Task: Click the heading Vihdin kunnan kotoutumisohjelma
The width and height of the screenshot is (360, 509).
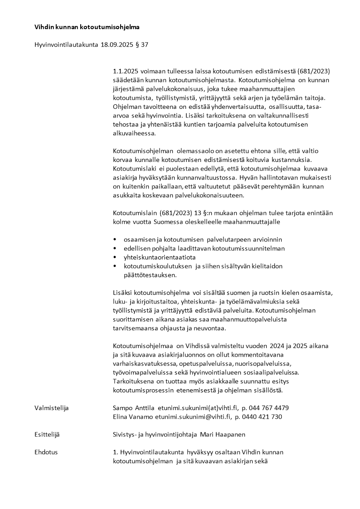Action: [87, 27]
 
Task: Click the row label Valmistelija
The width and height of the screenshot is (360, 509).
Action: [51, 408]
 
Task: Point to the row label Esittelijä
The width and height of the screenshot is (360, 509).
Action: [47, 435]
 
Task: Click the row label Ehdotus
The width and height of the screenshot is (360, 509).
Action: [46, 452]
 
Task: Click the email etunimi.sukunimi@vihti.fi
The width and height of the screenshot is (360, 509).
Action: [193, 416]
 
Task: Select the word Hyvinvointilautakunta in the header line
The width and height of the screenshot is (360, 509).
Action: [66, 45]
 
